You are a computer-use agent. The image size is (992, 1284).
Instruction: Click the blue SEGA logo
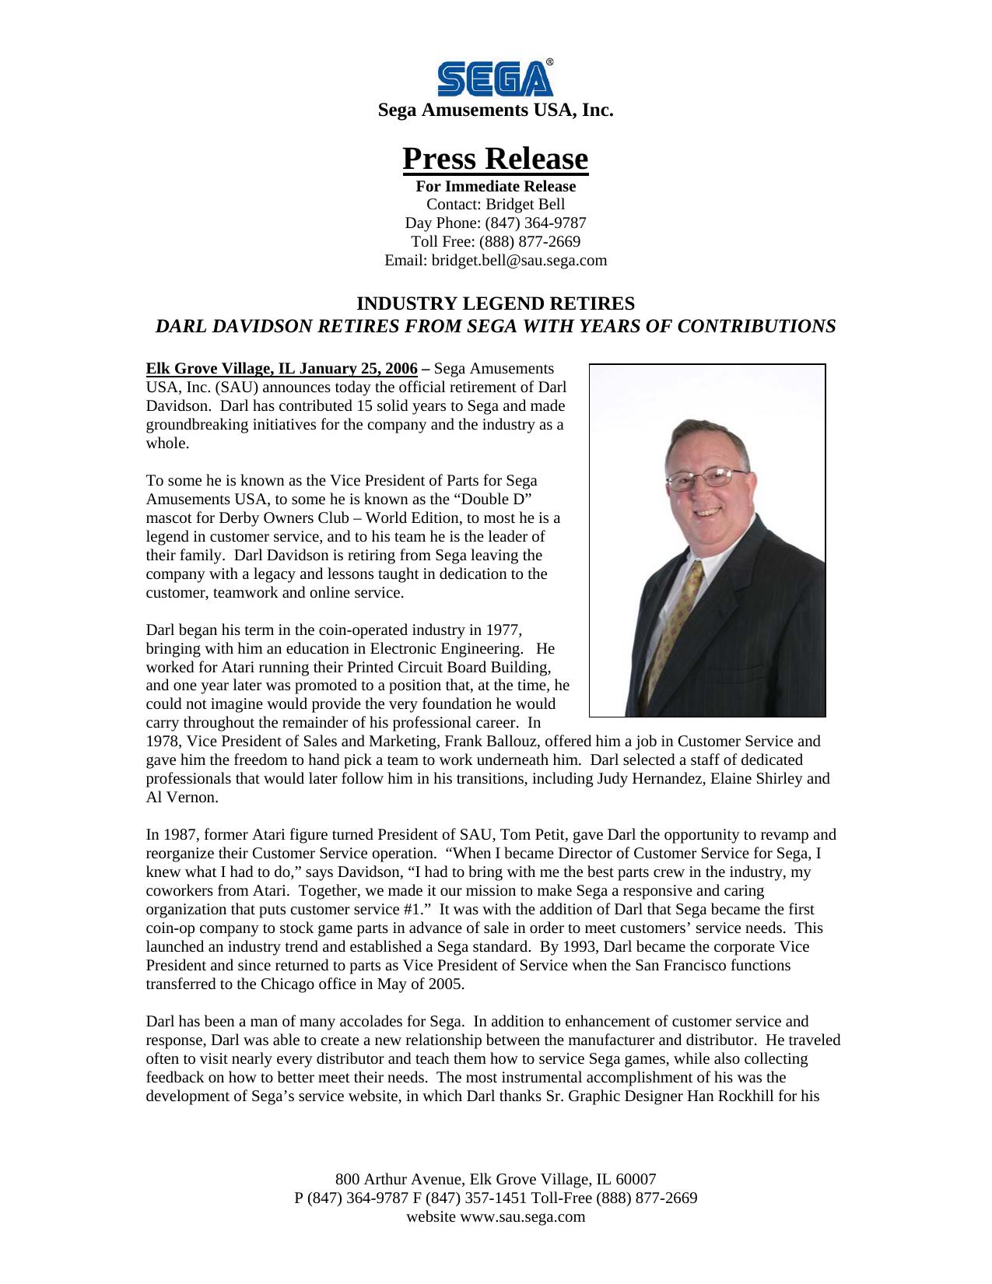[x=496, y=79]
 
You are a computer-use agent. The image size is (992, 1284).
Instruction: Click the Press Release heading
[x=496, y=159]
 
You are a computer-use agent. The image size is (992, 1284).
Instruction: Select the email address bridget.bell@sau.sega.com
[x=519, y=261]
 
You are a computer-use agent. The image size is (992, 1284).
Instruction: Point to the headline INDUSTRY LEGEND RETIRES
[x=496, y=303]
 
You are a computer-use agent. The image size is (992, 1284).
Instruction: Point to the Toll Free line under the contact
[x=496, y=242]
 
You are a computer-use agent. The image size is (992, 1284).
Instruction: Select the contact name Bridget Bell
[x=525, y=205]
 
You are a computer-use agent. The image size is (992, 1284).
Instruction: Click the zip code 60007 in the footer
[x=636, y=1179]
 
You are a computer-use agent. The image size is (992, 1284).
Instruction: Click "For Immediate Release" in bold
[x=496, y=187]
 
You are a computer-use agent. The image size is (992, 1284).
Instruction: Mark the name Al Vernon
[x=181, y=798]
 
